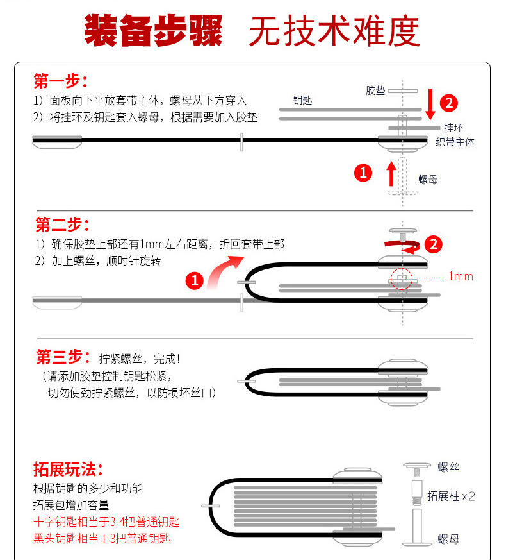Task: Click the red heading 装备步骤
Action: tap(153, 31)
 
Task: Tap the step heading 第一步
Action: tap(61, 81)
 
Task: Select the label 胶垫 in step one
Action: tap(375, 90)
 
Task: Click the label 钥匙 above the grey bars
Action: tap(302, 100)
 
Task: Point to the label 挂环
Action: tap(453, 128)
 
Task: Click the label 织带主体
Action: tap(455, 142)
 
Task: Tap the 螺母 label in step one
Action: tap(428, 179)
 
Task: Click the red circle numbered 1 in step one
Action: tap(363, 173)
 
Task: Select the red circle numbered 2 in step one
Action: tap(448, 103)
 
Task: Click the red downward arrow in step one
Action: tap(430, 104)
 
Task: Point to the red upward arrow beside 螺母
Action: tap(391, 174)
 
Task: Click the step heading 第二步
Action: tap(62, 225)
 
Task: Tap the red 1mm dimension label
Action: tap(461, 276)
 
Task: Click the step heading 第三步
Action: tap(63, 357)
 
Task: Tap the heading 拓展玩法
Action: tap(68, 469)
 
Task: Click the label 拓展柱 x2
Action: tap(451, 496)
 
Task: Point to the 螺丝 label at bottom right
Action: tap(448, 467)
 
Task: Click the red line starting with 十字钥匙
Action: tap(106, 522)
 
